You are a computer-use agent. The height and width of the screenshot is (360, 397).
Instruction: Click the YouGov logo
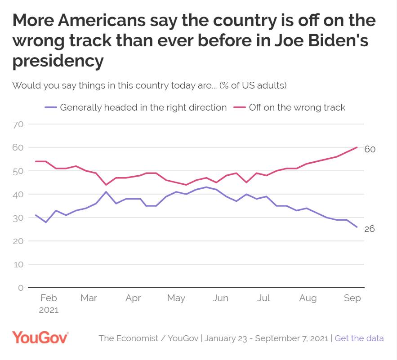(40, 338)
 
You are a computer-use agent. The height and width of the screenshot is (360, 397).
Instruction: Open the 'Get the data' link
(359, 338)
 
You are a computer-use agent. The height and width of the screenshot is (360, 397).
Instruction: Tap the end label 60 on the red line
(370, 149)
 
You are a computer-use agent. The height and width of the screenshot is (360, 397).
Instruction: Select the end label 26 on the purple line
(369, 229)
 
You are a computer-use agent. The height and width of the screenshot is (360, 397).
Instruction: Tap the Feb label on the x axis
(48, 298)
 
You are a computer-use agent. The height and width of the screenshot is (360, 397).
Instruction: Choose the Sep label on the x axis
(352, 298)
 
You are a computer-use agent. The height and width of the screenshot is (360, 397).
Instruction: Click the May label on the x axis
(176, 298)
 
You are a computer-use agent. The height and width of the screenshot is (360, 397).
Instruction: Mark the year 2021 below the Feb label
(49, 310)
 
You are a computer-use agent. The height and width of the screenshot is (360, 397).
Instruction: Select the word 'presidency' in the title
(58, 61)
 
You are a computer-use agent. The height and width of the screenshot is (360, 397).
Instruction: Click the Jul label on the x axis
(264, 298)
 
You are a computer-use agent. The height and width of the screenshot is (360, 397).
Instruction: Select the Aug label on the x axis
(308, 298)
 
